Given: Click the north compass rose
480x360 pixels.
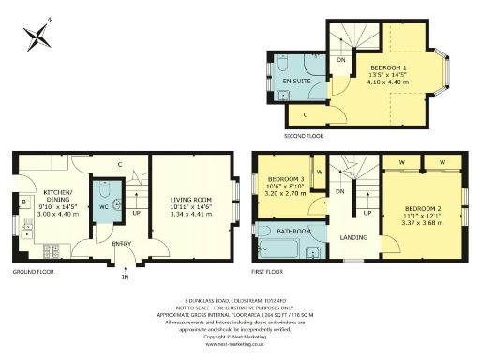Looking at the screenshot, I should (39, 37).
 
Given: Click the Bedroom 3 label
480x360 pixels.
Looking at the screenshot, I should (286, 179).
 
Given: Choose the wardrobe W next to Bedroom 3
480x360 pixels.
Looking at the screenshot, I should (320, 172).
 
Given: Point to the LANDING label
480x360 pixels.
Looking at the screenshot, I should (353, 237).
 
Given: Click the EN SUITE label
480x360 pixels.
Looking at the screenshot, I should (298, 81).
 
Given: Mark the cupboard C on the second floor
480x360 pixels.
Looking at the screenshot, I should (308, 113).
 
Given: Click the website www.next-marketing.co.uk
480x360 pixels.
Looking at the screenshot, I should (240, 345).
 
